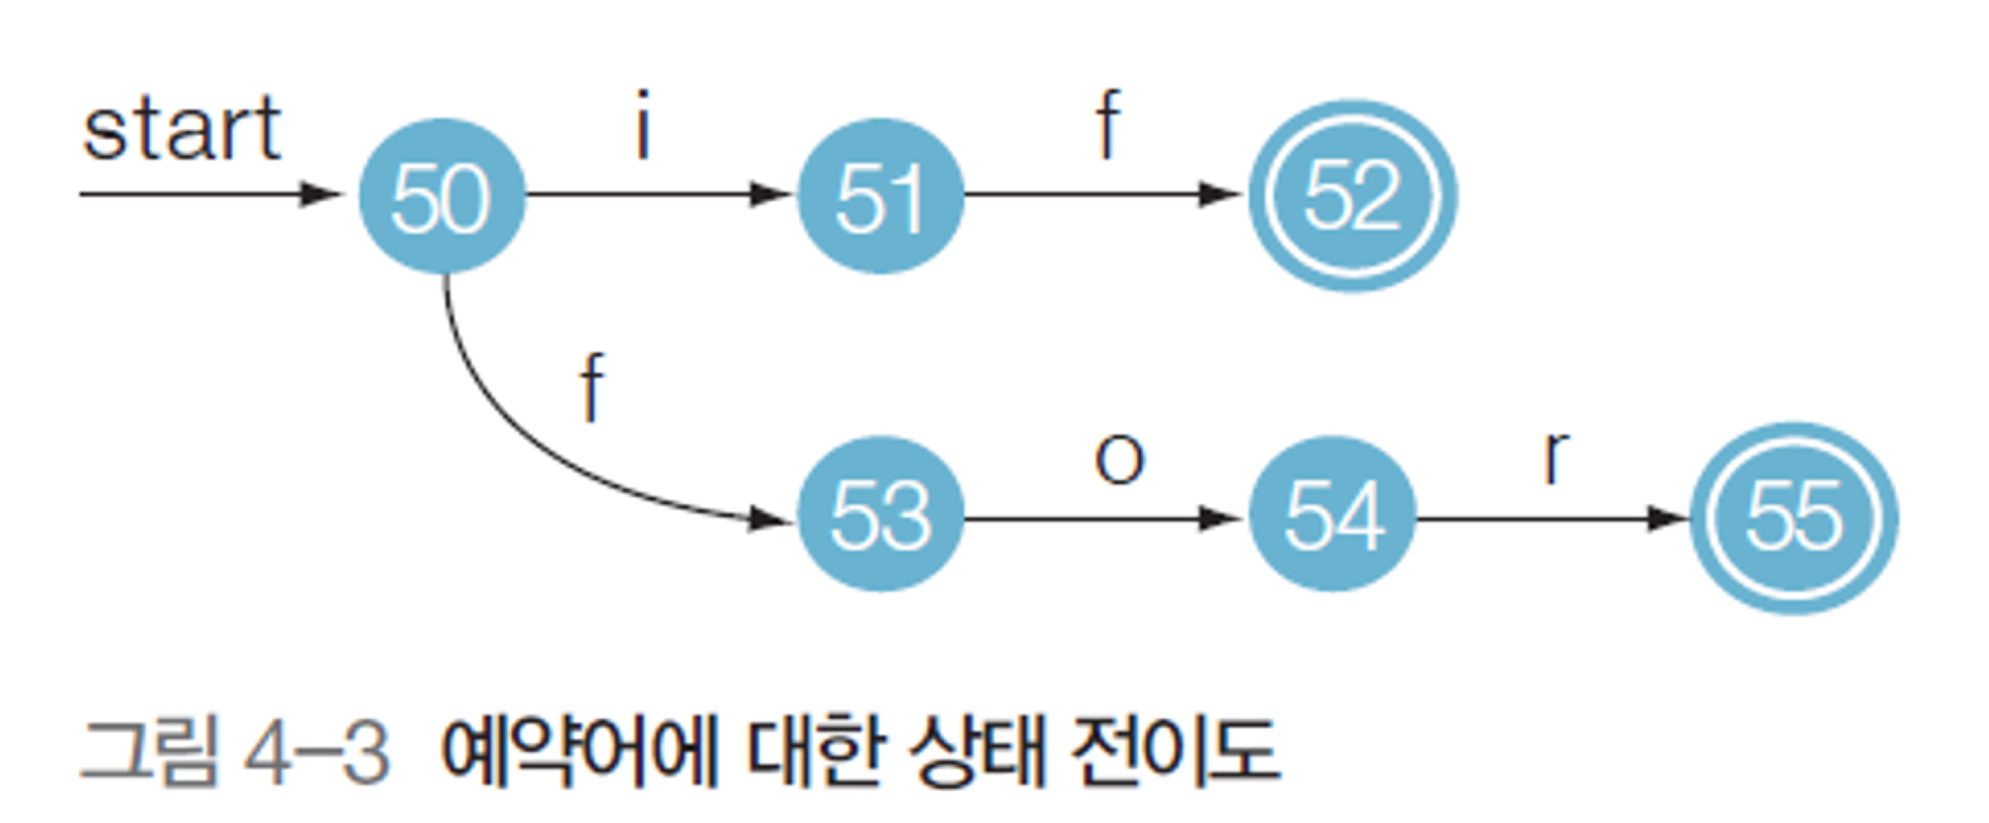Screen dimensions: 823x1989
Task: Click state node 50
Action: pyautogui.click(x=442, y=196)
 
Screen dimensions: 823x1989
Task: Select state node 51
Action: pyautogui.click(x=880, y=196)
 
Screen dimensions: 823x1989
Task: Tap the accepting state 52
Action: pyautogui.click(x=1353, y=196)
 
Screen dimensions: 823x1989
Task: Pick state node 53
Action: pyautogui.click(x=880, y=515)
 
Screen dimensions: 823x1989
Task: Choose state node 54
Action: pyautogui.click(x=1333, y=515)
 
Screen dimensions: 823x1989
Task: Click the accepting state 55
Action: pyautogui.click(x=1794, y=518)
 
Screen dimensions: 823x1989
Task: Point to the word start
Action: pyautogui.click(x=182, y=129)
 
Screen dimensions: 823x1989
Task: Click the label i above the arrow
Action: pyautogui.click(x=643, y=125)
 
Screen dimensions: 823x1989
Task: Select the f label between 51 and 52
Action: pyautogui.click(x=1108, y=125)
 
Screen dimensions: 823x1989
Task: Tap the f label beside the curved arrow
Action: pyautogui.click(x=592, y=387)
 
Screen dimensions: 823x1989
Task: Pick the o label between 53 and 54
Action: pyautogui.click(x=1119, y=459)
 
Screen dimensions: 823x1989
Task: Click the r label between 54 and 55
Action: pyautogui.click(x=1555, y=457)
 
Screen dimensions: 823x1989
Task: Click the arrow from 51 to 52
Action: pyautogui.click(x=1103, y=195)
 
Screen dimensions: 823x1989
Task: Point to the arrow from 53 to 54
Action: pyautogui.click(x=1103, y=519)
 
